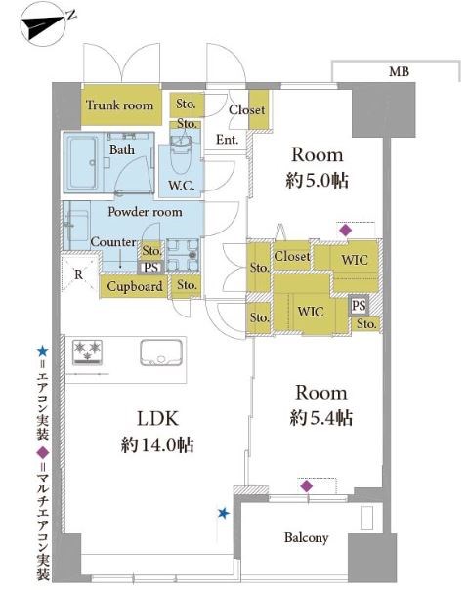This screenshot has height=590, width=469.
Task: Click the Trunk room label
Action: (x=120, y=105)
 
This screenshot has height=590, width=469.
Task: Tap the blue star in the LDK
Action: (x=224, y=513)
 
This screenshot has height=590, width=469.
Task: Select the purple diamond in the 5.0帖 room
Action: (x=345, y=230)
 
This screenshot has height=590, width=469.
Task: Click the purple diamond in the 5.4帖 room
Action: (x=307, y=486)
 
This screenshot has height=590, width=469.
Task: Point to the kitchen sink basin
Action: (x=161, y=353)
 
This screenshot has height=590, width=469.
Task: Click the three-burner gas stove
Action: (x=87, y=353)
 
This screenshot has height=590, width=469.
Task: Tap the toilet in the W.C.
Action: (x=181, y=154)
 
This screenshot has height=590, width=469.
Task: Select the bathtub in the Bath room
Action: (x=81, y=163)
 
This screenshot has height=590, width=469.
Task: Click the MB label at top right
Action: (x=399, y=71)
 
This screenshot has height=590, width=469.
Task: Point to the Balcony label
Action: (x=307, y=537)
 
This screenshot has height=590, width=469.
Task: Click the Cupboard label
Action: (x=135, y=287)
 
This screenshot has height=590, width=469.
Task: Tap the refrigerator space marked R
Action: (x=80, y=274)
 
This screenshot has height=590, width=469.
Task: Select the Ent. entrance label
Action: (x=227, y=140)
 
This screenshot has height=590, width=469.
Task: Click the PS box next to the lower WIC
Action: (x=359, y=306)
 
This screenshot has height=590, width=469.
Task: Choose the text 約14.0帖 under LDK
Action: (x=157, y=445)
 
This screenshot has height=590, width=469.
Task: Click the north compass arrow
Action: (x=44, y=24)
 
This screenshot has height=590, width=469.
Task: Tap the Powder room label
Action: (x=145, y=212)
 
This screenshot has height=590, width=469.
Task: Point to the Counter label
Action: (x=113, y=242)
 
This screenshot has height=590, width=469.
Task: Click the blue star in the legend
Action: (x=42, y=352)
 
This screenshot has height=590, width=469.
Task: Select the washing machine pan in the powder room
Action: (x=183, y=255)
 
